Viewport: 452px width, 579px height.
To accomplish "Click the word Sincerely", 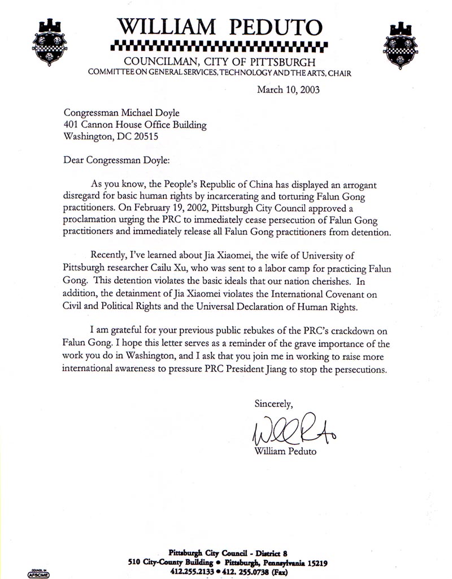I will pos(274,404).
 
